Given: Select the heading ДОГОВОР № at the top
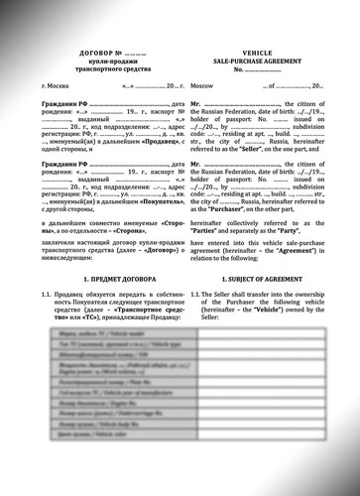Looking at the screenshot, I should [99, 51].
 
